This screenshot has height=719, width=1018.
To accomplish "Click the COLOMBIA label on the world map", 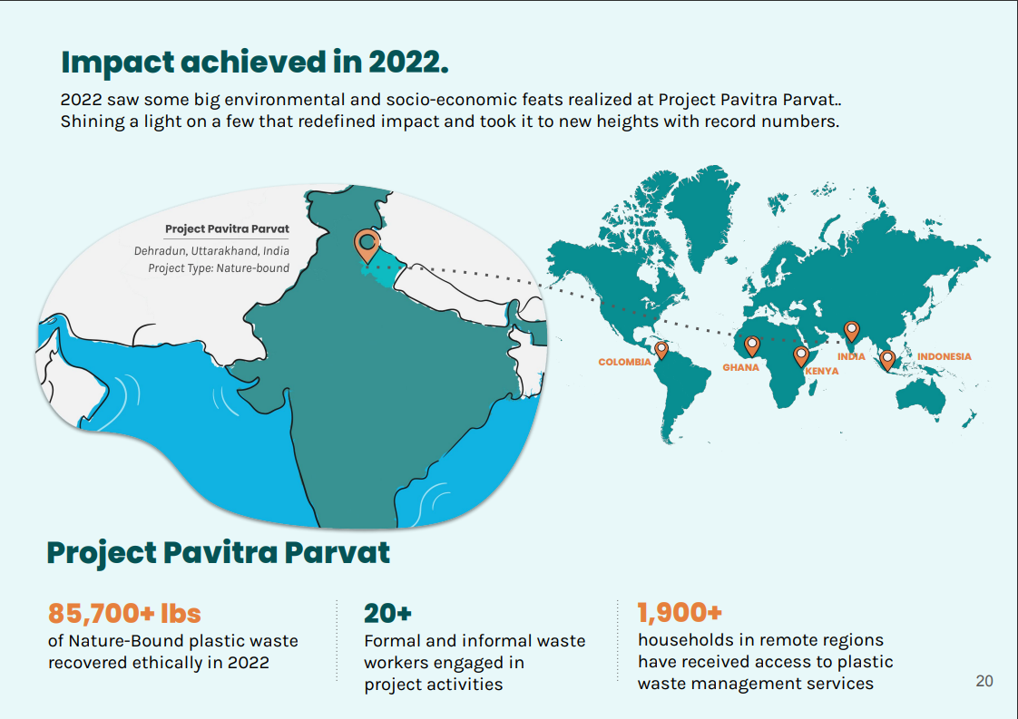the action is (624, 362).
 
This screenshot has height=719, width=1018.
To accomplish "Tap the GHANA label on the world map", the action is (740, 367).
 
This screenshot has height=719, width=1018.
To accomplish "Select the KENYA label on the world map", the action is (822, 371).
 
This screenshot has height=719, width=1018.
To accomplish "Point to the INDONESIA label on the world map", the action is (944, 356).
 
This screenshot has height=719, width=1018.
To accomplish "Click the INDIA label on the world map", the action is (851, 356).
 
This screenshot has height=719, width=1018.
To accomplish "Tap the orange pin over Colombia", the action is (661, 350).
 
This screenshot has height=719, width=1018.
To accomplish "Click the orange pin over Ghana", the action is (752, 345).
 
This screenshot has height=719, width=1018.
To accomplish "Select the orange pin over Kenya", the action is (801, 356).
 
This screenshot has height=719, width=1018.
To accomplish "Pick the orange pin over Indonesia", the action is (887, 360).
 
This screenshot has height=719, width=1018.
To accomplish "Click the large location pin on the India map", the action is (367, 246).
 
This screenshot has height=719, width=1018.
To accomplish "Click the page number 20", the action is (984, 681).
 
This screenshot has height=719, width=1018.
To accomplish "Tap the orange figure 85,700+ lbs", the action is (124, 613).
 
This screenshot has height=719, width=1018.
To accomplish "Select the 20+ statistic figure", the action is (387, 613).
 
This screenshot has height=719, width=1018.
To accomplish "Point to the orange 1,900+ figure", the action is (680, 612).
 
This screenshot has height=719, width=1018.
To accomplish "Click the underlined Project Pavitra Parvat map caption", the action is (227, 229).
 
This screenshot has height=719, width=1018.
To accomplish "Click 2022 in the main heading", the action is (408, 63).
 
